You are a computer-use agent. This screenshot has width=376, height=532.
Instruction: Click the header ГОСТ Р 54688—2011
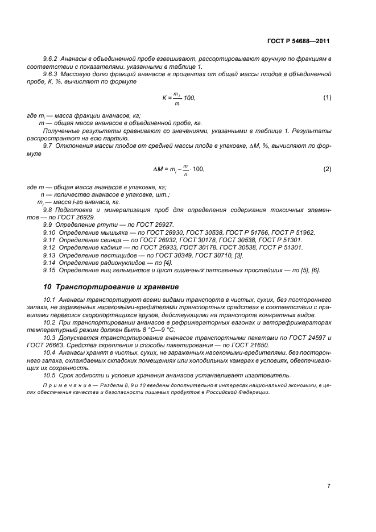(x=302, y=41)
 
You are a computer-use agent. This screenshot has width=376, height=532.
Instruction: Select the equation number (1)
(x=327, y=97)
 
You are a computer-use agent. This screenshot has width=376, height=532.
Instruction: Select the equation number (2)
(x=327, y=169)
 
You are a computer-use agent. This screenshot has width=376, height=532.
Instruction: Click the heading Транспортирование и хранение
(x=117, y=287)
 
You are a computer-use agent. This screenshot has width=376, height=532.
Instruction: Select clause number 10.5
(x=50, y=375)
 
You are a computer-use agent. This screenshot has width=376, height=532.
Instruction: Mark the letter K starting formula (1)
(x=164, y=98)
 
